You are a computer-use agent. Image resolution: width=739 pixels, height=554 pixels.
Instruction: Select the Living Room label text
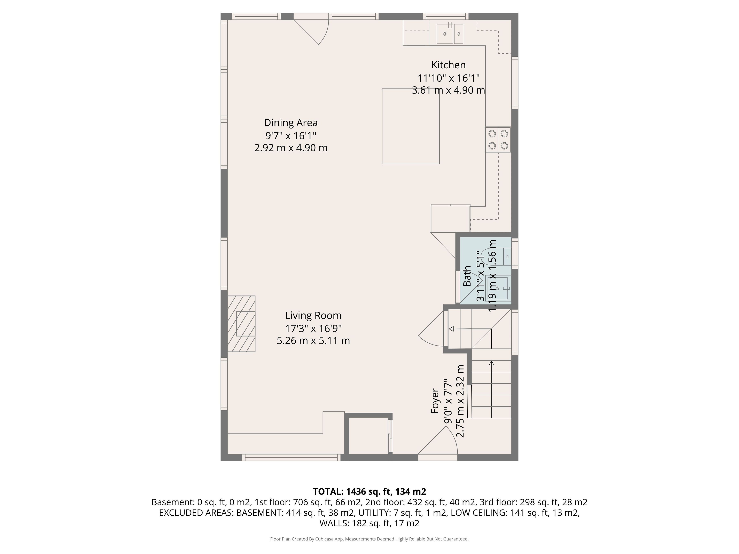click(x=313, y=316)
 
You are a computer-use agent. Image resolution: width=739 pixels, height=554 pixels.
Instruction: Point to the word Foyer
click(x=435, y=405)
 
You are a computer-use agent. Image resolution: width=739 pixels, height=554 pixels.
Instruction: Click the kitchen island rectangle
click(x=411, y=126)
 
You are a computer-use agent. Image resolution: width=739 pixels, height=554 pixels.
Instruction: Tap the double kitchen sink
click(x=450, y=33)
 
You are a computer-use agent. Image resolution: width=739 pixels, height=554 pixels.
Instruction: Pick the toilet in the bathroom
click(x=498, y=256)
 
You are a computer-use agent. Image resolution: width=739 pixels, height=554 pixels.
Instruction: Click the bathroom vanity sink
click(x=498, y=288)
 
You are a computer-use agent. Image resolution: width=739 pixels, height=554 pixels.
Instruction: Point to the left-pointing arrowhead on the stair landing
click(x=451, y=329)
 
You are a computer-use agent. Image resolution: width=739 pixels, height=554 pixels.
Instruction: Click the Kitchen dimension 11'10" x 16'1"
click(x=448, y=78)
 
